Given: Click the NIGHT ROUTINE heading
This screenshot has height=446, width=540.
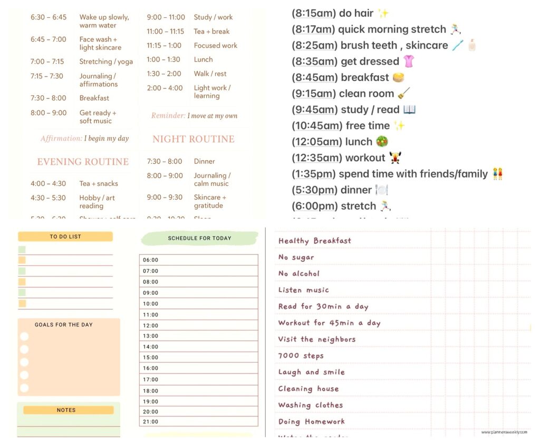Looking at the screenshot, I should (x=194, y=139).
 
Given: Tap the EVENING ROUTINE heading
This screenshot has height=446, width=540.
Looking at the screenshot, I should (x=83, y=162).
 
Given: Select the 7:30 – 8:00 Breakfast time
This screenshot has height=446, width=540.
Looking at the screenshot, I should (x=48, y=98).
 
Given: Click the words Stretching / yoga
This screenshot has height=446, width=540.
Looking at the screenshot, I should (x=106, y=62).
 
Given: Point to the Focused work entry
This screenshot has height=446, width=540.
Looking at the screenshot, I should (x=216, y=45).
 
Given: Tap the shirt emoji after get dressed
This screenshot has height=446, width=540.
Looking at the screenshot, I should (x=409, y=61).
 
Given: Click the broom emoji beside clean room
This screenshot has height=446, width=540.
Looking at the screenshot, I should (x=404, y=93).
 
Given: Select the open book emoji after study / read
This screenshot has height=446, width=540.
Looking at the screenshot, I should (x=409, y=110).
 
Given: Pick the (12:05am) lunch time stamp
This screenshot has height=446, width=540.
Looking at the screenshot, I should (x=315, y=142).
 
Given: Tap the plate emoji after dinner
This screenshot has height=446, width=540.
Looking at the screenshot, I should (x=381, y=190).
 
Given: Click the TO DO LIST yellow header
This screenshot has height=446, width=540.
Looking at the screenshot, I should (x=65, y=237).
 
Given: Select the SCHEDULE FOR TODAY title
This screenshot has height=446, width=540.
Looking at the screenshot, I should (x=199, y=238).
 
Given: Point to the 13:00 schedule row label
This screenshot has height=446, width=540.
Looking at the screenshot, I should (x=150, y=336).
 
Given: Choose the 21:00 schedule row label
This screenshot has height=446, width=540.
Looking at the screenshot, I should (x=150, y=421).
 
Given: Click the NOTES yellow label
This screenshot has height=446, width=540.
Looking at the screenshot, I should (x=66, y=410).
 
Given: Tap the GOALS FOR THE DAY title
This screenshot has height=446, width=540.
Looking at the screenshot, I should (x=63, y=325).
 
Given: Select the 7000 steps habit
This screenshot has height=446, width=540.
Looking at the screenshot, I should (x=301, y=355).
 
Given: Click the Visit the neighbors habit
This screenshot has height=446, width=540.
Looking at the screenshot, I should (x=316, y=339).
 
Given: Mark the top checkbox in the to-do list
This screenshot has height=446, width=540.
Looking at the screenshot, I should (x=22, y=250).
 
